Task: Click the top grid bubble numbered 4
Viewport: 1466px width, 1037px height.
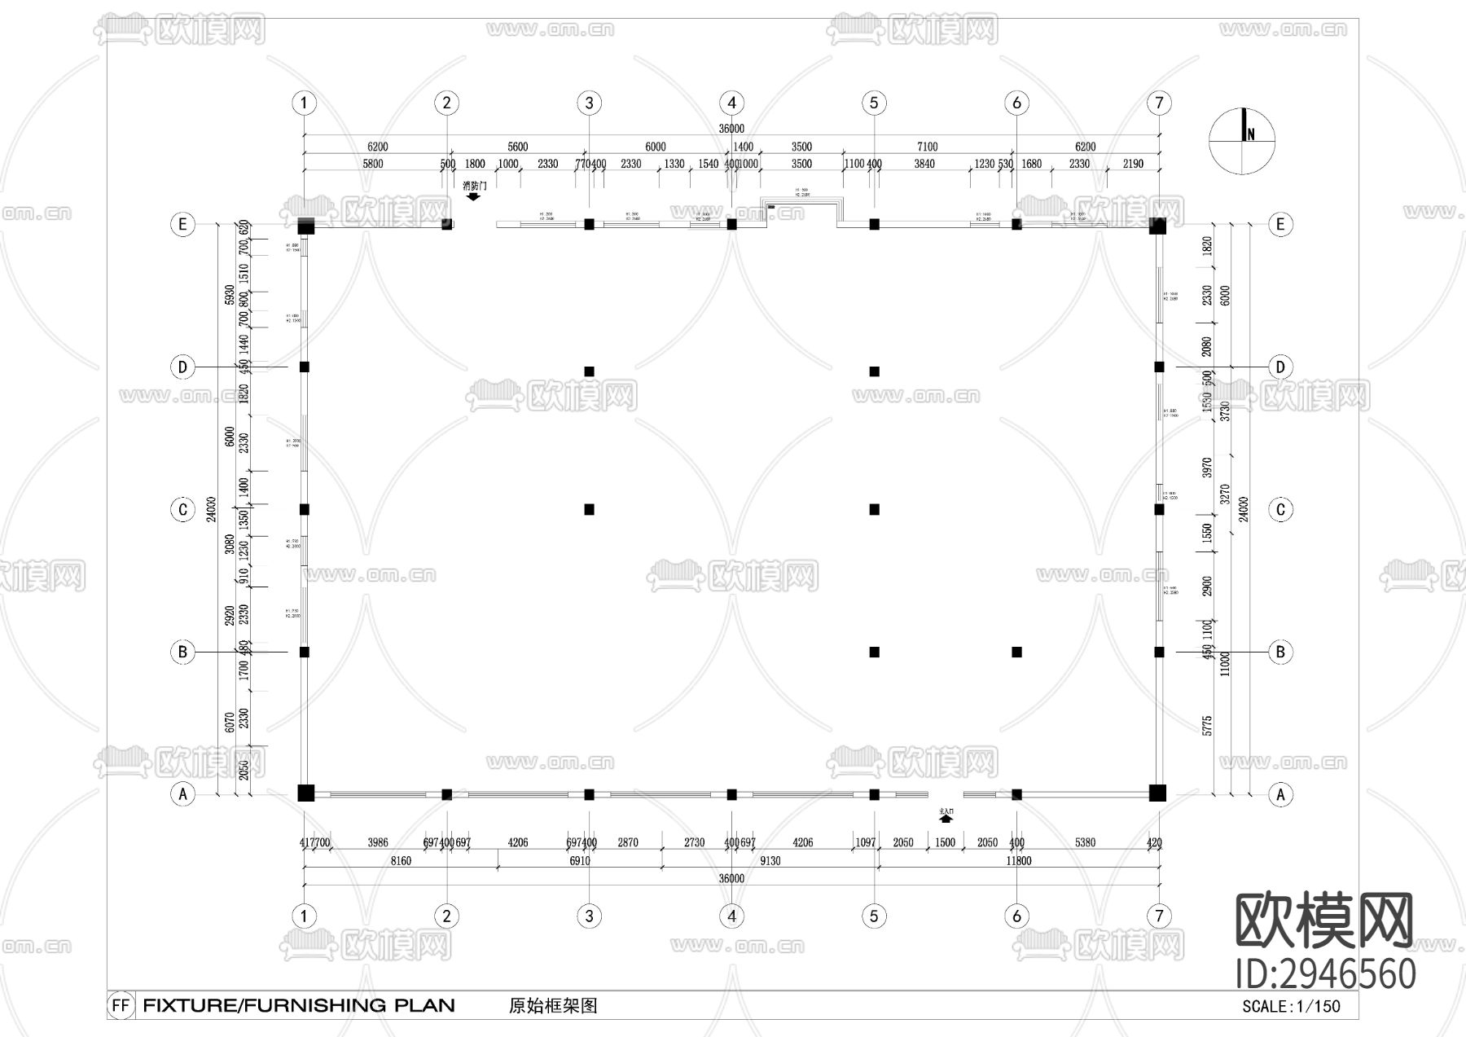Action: click(731, 103)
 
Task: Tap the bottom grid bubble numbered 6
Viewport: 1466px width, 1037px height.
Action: click(1016, 916)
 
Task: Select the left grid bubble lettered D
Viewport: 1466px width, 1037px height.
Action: click(182, 367)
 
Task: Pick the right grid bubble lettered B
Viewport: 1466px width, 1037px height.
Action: click(1280, 652)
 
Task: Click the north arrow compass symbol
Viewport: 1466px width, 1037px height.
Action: click(1242, 140)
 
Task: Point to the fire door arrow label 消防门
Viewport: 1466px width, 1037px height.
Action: click(474, 189)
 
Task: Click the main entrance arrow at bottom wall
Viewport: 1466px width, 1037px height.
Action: click(946, 815)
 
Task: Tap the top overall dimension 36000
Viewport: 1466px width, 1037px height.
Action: click(731, 129)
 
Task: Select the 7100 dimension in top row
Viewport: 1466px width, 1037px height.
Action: click(927, 147)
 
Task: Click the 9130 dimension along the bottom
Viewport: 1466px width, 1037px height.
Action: click(770, 860)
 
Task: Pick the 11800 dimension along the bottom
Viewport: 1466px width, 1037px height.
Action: click(1018, 860)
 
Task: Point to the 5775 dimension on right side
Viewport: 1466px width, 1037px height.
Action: click(1207, 725)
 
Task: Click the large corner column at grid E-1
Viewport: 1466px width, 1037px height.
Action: click(305, 225)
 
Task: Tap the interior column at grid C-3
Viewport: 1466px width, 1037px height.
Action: click(589, 509)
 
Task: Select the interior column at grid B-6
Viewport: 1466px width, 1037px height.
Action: click(1016, 652)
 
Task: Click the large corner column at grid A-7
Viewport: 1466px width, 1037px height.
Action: click(1157, 793)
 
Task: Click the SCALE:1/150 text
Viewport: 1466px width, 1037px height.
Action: click(1291, 1006)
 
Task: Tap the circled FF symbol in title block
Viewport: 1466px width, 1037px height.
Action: click(121, 1005)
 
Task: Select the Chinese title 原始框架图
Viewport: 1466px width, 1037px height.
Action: click(553, 1005)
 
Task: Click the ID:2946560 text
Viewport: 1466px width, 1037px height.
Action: click(1325, 973)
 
